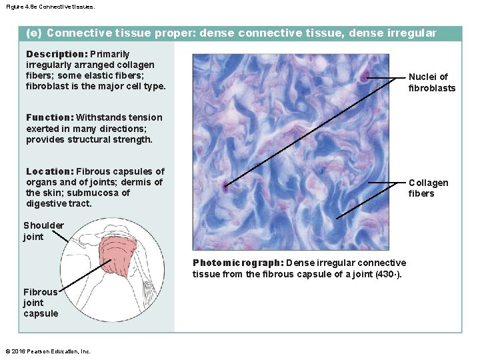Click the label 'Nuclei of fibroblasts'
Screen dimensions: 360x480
point(431,83)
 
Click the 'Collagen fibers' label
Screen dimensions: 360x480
point(428,188)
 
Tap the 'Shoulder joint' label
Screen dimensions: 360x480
point(43,231)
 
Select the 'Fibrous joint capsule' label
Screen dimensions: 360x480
point(41,303)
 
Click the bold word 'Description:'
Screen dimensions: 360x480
point(57,54)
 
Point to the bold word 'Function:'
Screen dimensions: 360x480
point(50,118)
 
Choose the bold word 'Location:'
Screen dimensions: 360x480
point(50,171)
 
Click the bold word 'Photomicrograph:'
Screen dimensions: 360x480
point(237,263)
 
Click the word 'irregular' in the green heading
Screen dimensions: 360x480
point(413,33)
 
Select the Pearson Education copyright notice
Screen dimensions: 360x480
point(47,351)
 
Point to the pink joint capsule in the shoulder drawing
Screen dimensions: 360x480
point(122,257)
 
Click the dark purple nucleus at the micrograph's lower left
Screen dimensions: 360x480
point(226,187)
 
